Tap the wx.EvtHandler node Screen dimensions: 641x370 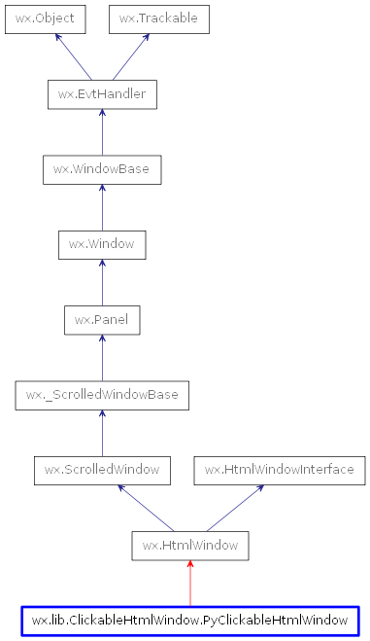[x=102, y=94]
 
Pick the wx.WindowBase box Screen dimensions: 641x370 [x=102, y=169]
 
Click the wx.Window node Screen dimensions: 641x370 [x=102, y=244]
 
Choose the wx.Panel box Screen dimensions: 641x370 [x=102, y=319]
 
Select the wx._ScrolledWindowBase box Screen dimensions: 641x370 [x=102, y=395]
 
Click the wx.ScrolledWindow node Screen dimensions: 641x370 [x=102, y=470]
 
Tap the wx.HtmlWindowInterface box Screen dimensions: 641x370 [x=280, y=470]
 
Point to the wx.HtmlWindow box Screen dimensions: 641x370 [x=190, y=545]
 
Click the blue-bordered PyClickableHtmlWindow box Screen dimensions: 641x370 [x=190, y=620]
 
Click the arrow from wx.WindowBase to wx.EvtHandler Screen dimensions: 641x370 [x=102, y=132]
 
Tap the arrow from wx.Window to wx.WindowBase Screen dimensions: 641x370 [x=102, y=207]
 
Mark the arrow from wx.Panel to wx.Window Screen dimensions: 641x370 [x=102, y=282]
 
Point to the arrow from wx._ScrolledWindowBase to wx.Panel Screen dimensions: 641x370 [x=102, y=357]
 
